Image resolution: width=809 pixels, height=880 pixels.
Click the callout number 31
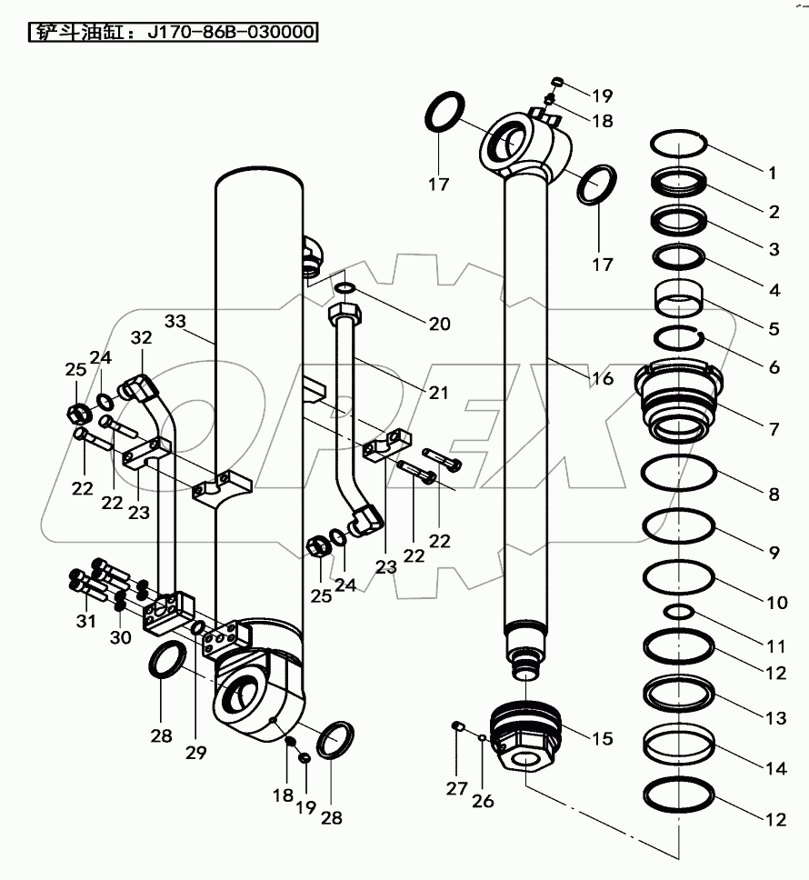[x=85, y=621]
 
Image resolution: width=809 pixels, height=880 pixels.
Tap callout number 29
[x=195, y=752]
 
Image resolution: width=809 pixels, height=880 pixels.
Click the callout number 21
[x=438, y=393]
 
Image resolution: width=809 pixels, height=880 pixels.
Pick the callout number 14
[x=774, y=768]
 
